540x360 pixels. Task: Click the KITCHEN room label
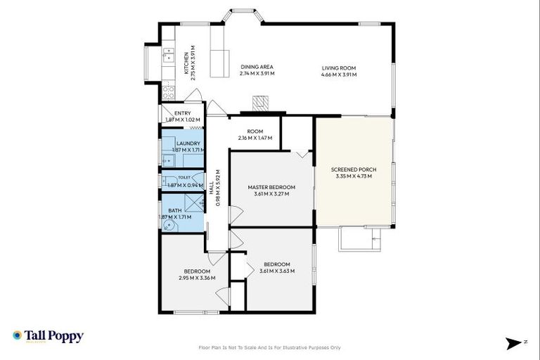coord(186,63)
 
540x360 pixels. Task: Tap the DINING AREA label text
coord(257,67)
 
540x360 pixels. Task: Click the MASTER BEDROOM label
coord(271,187)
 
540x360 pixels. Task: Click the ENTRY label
coord(182,113)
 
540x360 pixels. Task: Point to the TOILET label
coord(184,178)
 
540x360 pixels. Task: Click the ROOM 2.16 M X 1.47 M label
coord(255,135)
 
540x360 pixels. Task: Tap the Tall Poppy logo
coord(48,336)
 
